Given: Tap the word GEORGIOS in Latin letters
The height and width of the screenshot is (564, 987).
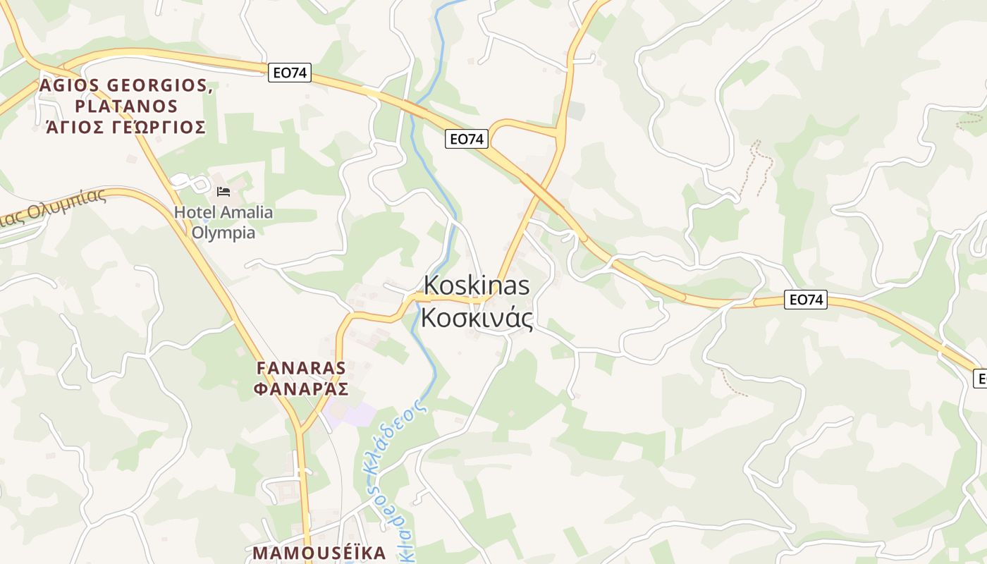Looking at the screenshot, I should tap(160, 86).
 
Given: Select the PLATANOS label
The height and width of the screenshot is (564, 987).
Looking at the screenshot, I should tap(126, 106).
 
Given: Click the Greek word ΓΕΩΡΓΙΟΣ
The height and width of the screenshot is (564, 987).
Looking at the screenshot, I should tap(159, 128).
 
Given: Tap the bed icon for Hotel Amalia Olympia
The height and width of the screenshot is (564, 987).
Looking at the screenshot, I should tap(223, 192).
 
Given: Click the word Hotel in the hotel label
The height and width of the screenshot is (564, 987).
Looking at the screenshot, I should tap(195, 212).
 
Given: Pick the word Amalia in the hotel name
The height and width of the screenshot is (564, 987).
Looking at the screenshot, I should tap(246, 212).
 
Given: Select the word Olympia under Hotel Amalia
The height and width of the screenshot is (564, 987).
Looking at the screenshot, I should tap(223, 232).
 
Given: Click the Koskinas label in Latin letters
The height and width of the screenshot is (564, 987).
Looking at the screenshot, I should tap(477, 286).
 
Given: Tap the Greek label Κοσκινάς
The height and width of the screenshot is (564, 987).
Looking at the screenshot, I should tap(477, 318).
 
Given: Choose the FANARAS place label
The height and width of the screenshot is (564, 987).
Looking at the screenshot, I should tap(302, 368).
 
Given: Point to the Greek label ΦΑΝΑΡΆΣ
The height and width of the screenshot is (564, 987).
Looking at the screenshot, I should tap(302, 388).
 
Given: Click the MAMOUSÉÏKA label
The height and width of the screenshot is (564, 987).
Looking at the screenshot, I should tap(319, 553).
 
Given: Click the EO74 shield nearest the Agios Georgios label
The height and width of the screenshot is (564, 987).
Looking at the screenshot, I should tap(290, 72).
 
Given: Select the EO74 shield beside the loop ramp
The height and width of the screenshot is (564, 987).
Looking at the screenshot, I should tap(467, 139).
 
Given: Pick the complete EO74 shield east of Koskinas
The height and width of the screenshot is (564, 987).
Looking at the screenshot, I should tap(806, 300).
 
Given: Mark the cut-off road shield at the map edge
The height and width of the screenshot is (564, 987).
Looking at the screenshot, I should tap(980, 378).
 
